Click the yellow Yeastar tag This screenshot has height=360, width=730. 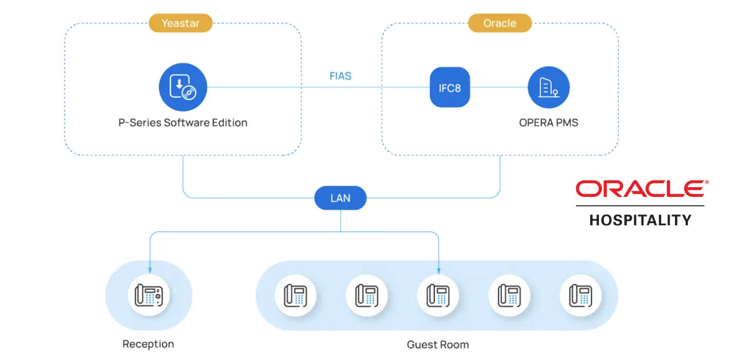pos(180,23)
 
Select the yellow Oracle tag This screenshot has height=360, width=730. pos(500,23)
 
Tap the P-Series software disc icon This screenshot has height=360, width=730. pos(182,87)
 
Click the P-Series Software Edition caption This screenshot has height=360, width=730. pos(182,123)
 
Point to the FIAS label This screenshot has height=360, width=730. pos(340,76)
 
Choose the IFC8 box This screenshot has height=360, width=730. pos(450,87)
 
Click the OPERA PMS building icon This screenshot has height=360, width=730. pos(549,87)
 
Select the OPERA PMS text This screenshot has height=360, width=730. pos(549,123)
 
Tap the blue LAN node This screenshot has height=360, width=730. pos(340,198)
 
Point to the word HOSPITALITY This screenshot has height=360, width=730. pos(641,221)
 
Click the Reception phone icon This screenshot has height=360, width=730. pos(149,296)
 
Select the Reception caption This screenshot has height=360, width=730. pos(148,344)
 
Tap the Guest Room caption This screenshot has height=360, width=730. pos(437,345)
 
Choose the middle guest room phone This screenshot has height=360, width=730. pos(437,296)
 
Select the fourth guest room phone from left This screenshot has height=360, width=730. pos(509,296)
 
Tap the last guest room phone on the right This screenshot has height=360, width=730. pos(580,296)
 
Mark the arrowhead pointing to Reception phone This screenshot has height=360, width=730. pos(150,271)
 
